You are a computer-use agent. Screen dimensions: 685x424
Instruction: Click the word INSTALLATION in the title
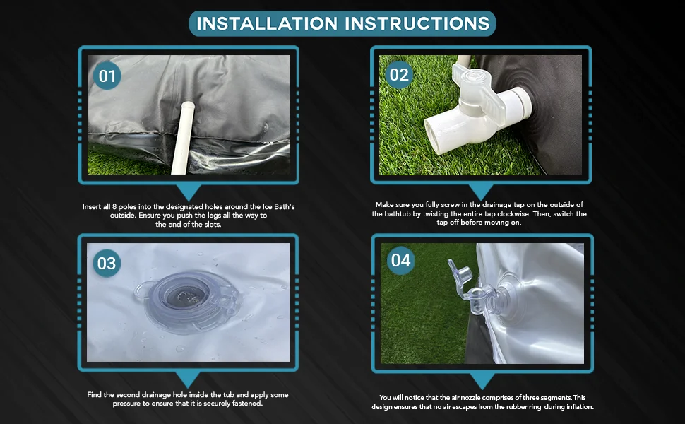268,23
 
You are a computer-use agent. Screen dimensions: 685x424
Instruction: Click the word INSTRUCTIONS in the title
417,23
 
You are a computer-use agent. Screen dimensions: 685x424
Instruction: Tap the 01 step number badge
107,76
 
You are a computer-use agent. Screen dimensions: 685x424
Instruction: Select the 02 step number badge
399,75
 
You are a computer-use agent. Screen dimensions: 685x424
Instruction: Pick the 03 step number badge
107,263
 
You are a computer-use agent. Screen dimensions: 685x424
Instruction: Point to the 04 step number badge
400,261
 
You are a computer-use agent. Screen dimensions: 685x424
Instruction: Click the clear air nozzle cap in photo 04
459,270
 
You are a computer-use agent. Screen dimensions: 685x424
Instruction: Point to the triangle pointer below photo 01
189,192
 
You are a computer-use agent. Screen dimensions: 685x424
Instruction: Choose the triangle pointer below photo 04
482,381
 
